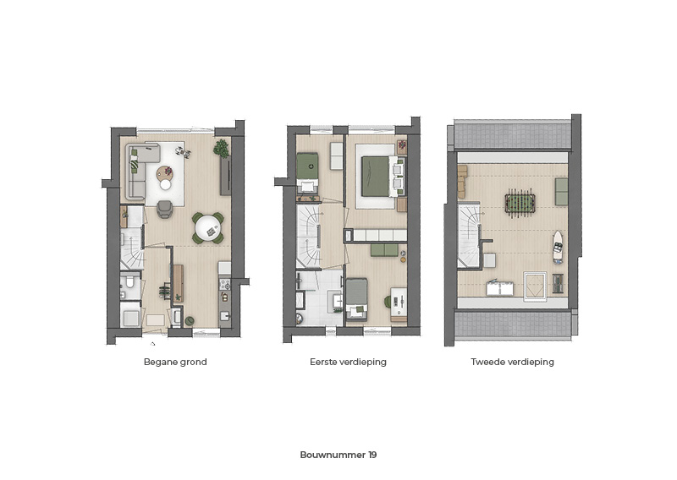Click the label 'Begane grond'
(175, 362)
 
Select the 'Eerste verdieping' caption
(348, 362)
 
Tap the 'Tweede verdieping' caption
(513, 362)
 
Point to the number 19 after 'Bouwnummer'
(372, 455)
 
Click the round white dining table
(208, 228)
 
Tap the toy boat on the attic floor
(559, 247)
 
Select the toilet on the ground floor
(129, 282)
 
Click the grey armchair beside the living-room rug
(165, 210)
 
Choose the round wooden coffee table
(165, 173)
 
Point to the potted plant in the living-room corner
(222, 148)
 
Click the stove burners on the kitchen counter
(225, 284)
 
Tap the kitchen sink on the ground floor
(224, 316)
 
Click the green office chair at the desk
(388, 301)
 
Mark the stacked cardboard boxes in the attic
(463, 182)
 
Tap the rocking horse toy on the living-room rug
(183, 151)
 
